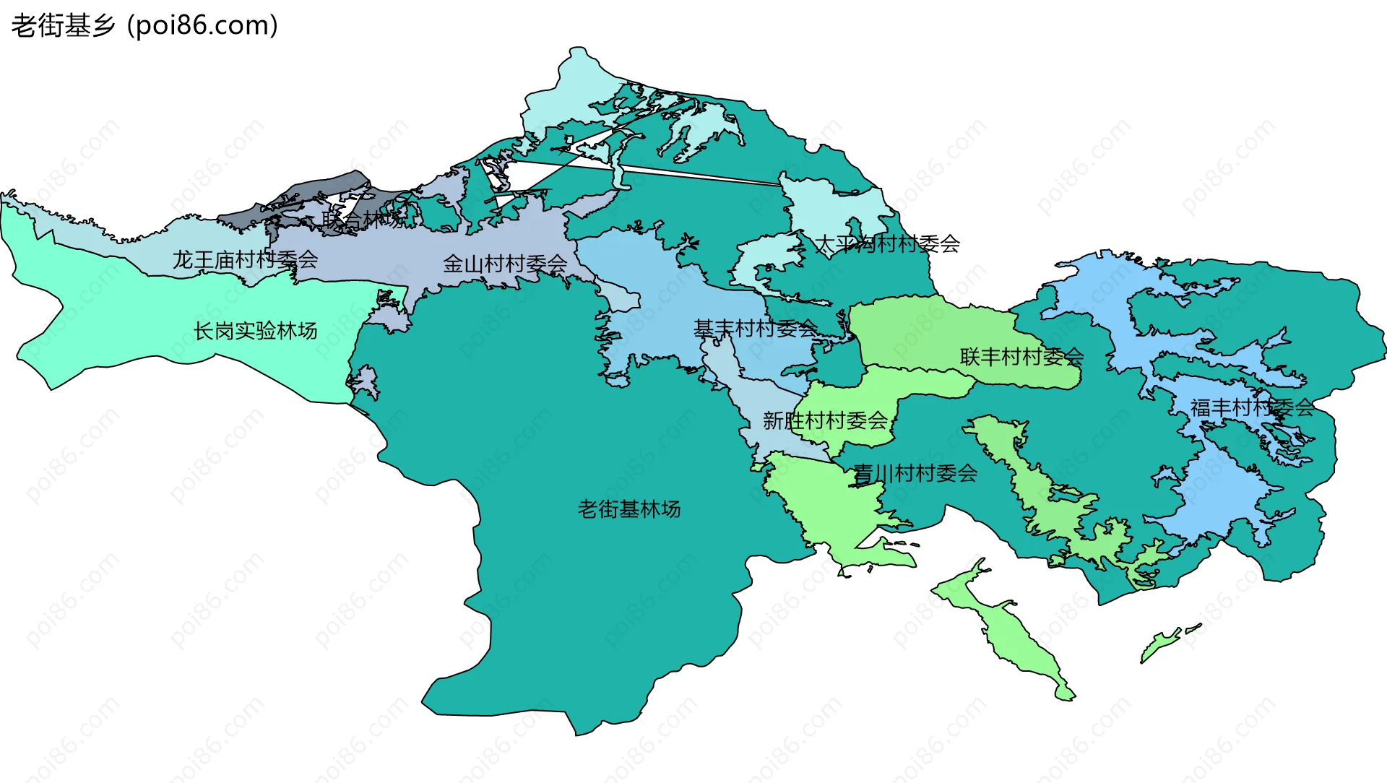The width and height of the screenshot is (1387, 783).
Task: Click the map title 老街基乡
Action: [64, 26]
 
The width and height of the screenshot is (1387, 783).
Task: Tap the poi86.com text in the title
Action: [202, 26]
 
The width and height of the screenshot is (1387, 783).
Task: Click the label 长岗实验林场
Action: [255, 331]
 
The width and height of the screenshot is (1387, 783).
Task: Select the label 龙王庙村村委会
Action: [245, 259]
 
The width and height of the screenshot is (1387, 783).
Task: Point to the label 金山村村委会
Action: [505, 264]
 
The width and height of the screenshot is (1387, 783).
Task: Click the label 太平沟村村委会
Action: [887, 244]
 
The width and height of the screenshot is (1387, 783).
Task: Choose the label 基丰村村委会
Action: [755, 329]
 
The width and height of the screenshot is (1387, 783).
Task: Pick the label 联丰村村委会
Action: [1021, 356]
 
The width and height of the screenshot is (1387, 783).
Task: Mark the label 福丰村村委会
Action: [1252, 407]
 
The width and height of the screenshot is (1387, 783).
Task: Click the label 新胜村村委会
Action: [825, 420]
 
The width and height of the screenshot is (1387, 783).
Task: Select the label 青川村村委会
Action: [915, 474]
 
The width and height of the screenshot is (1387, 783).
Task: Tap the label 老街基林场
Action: [628, 509]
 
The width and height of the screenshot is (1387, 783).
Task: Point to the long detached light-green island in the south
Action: [1011, 628]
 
